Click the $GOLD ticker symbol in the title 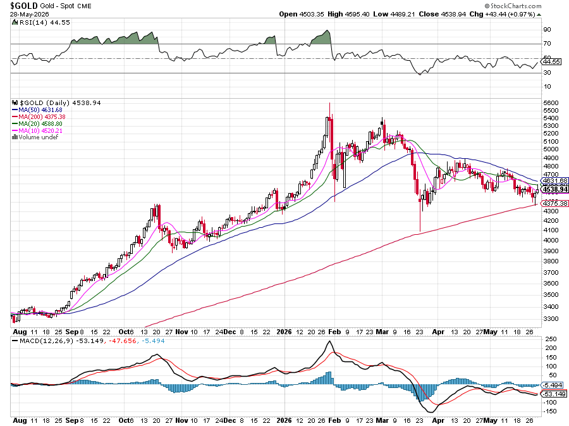(x=24, y=6)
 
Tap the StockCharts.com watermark (x=513, y=6)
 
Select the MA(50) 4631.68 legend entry (x=37, y=110)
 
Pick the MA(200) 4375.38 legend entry (x=39, y=116)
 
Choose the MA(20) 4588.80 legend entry (x=37, y=124)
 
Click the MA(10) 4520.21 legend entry (x=37, y=131)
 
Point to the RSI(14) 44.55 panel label (x=41, y=23)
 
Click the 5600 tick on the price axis (x=551, y=103)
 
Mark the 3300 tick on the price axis (x=551, y=318)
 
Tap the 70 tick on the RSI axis (x=548, y=44)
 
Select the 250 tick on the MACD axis (x=551, y=339)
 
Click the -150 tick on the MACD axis (x=550, y=411)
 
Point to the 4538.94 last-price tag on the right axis (x=555, y=189)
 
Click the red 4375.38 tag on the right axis (x=555, y=203)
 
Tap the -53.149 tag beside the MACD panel (x=554, y=394)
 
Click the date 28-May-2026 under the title (x=29, y=14)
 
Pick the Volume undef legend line (x=35, y=137)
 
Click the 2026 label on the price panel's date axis (x=284, y=332)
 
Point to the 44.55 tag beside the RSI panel (x=552, y=62)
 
